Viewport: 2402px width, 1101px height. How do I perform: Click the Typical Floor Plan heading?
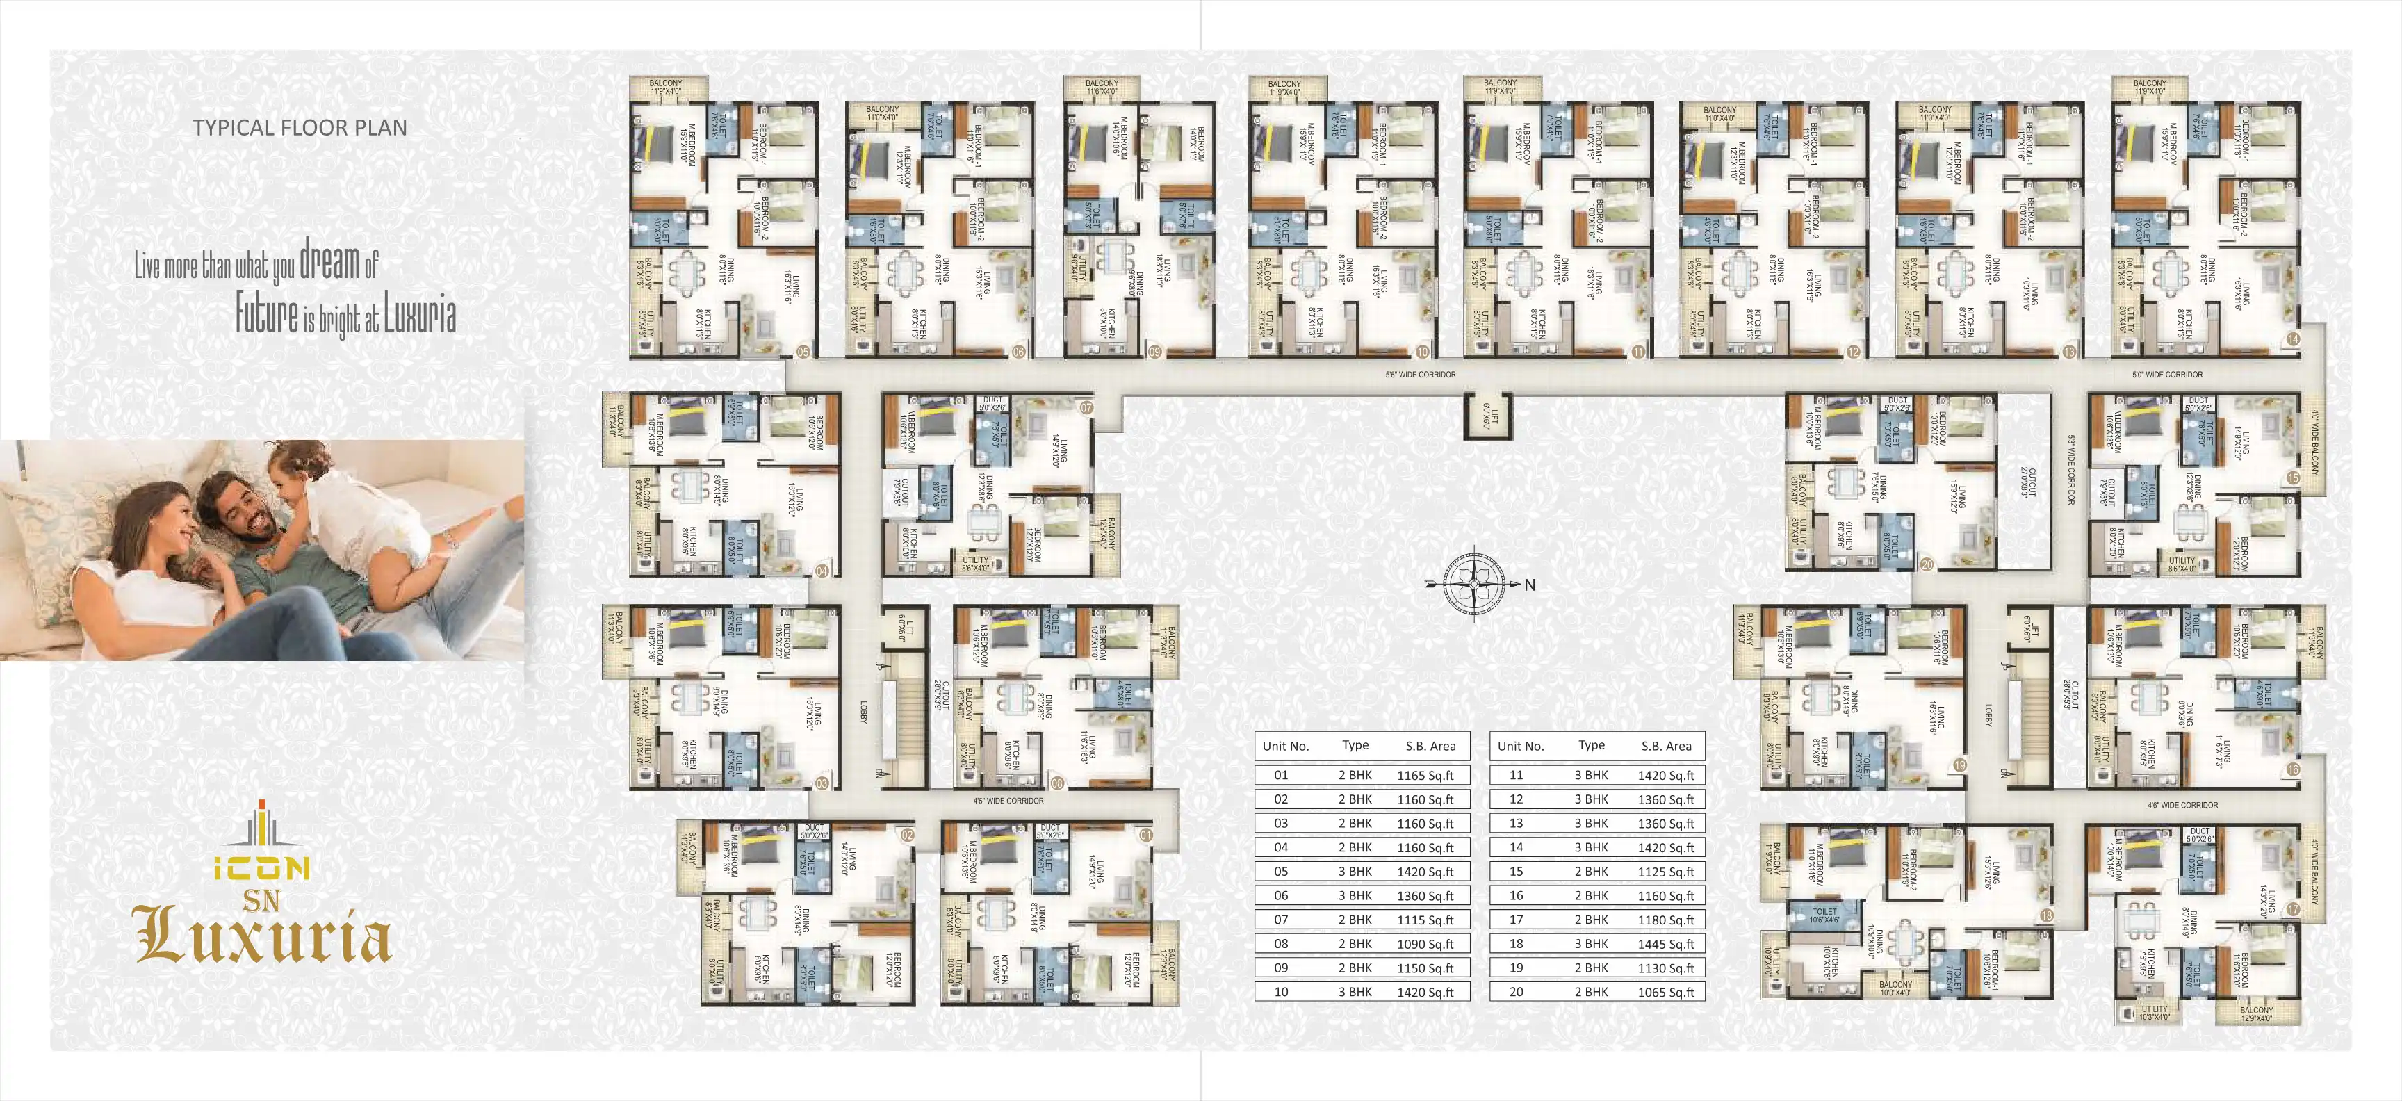(x=300, y=128)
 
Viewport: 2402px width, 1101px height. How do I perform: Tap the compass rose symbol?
(x=1473, y=584)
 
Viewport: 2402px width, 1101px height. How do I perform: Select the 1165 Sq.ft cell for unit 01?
(x=1425, y=775)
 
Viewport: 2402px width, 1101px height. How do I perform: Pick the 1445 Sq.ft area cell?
(x=1665, y=943)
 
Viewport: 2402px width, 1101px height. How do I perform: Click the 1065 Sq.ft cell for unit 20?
(x=1665, y=992)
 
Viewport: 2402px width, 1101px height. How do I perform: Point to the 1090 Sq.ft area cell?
(x=1425, y=943)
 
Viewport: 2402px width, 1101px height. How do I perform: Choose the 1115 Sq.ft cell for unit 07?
(x=1425, y=919)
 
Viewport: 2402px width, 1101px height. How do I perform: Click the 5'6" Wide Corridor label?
(x=1420, y=375)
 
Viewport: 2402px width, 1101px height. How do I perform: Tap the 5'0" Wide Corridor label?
(x=2167, y=375)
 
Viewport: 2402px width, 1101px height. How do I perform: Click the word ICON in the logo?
(x=262, y=869)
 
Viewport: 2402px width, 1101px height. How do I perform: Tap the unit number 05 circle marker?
(x=803, y=352)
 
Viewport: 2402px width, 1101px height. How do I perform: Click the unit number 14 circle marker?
(x=2293, y=339)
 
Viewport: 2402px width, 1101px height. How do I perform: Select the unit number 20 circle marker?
(x=1927, y=564)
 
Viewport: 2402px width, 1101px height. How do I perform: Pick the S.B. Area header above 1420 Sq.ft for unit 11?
(x=1665, y=746)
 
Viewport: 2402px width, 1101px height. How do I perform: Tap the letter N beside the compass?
(x=1529, y=585)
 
